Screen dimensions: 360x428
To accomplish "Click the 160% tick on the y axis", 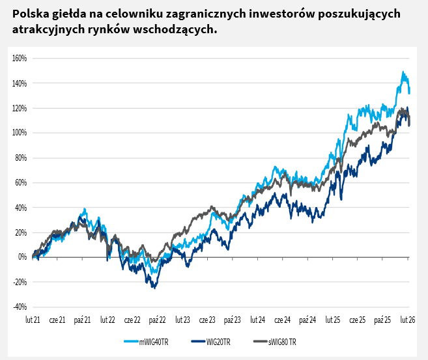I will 18,58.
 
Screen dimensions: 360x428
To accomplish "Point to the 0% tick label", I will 21,257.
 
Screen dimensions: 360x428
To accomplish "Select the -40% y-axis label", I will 18,307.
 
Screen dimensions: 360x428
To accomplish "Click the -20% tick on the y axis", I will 18,282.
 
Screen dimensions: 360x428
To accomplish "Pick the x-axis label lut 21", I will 33,320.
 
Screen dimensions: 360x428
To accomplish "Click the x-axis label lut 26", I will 408,320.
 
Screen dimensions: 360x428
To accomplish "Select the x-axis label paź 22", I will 158,320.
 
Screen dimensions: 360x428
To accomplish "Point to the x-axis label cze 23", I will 207,320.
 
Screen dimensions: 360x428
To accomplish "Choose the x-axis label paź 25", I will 383,320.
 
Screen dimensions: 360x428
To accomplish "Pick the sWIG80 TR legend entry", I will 279,341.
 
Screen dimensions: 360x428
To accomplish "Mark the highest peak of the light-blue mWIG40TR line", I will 403,72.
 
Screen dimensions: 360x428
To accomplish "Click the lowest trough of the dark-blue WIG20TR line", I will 154,288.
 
